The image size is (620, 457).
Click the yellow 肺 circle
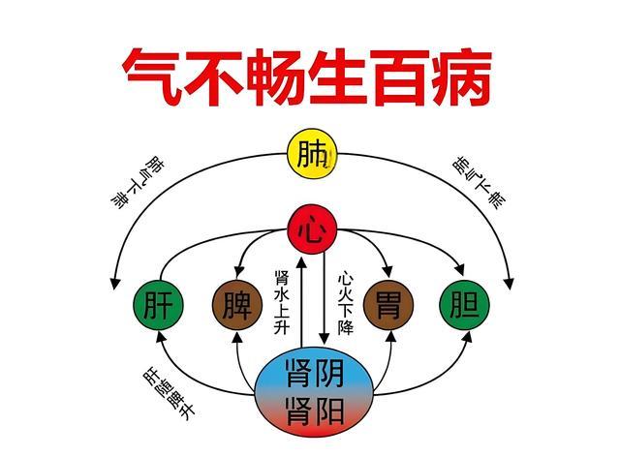pos(312,153)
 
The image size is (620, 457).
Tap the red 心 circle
pos(312,229)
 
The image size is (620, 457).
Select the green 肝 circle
pos(159,305)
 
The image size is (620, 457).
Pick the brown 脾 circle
pos(237,305)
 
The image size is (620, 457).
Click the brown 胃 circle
pos(388,305)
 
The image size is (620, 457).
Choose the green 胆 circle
pos(465,305)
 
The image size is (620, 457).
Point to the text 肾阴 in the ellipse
pos(314,373)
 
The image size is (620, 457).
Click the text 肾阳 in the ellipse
pos(314,411)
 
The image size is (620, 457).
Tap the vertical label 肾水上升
pos(282,302)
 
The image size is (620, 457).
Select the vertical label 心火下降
pos(345,302)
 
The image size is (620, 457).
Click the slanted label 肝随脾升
pos(169,394)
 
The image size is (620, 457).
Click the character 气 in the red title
pos(152,77)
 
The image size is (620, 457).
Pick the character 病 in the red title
pos(461,77)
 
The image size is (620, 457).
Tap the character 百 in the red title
pos(399,77)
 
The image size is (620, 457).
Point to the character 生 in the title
pos(337,77)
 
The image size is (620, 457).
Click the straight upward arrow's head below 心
pos(302,261)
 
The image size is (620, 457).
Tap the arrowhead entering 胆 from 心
pos(459,270)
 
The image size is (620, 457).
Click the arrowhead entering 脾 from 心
pos(239,272)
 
